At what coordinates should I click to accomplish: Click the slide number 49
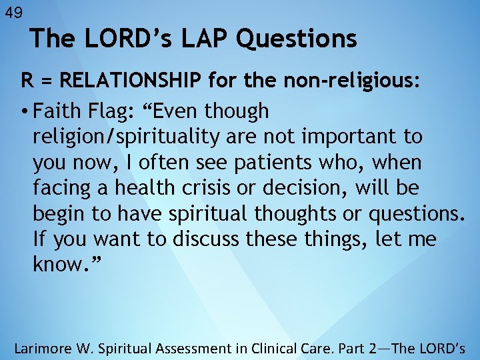click(13, 11)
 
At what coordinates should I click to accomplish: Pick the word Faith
click(57, 111)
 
